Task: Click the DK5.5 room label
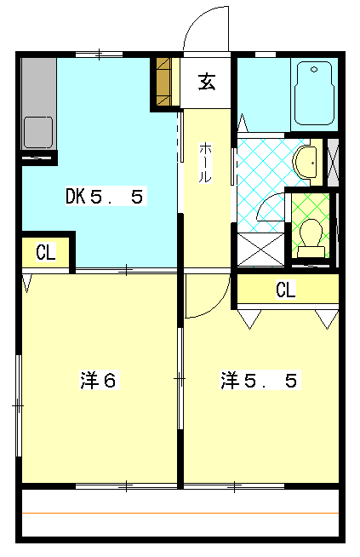106,197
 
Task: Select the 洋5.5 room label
259,380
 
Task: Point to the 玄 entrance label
206,82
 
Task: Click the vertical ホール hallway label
206,162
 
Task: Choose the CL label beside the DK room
45,252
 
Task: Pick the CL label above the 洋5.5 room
285,290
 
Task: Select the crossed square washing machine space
260,249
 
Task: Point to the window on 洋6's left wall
18,406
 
